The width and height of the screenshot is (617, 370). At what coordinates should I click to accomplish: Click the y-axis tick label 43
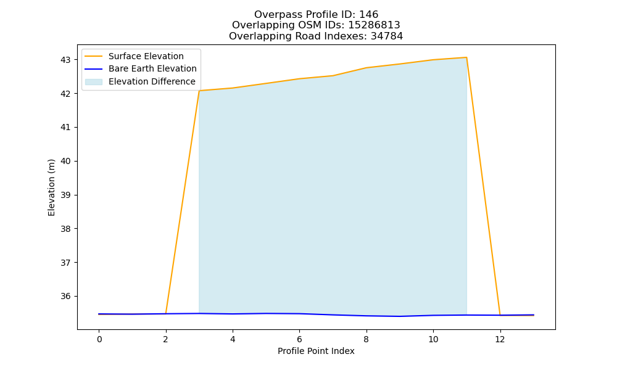[65, 60]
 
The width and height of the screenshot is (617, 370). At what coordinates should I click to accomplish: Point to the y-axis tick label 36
[65, 297]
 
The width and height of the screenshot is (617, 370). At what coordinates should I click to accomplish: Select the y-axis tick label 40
[65, 162]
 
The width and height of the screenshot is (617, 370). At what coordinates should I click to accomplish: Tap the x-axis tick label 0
[99, 339]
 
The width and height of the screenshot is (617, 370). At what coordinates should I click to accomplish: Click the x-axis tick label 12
[500, 339]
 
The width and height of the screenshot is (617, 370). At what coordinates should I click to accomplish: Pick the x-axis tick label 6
[299, 339]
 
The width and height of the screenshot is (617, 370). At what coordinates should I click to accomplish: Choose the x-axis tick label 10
[433, 339]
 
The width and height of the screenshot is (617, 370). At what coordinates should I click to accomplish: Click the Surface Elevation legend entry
[146, 56]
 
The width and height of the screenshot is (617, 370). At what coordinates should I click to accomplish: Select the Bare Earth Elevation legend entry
[152, 68]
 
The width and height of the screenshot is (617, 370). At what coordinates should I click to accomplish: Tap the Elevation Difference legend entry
[152, 81]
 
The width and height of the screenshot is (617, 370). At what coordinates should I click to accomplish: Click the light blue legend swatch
[94, 82]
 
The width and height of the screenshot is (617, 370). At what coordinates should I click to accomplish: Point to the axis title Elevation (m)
[51, 187]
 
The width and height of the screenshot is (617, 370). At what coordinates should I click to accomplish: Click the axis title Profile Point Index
[316, 351]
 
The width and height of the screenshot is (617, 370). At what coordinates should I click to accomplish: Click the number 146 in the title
[369, 15]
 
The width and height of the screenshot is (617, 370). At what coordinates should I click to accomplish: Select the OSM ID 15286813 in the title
[375, 25]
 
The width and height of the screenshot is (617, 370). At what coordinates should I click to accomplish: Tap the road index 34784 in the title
[387, 36]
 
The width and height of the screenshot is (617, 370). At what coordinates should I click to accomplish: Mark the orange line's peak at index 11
[466, 57]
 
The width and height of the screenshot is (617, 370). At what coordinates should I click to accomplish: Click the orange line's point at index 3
[199, 91]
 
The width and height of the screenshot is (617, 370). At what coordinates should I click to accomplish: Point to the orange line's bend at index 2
[165, 313]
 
